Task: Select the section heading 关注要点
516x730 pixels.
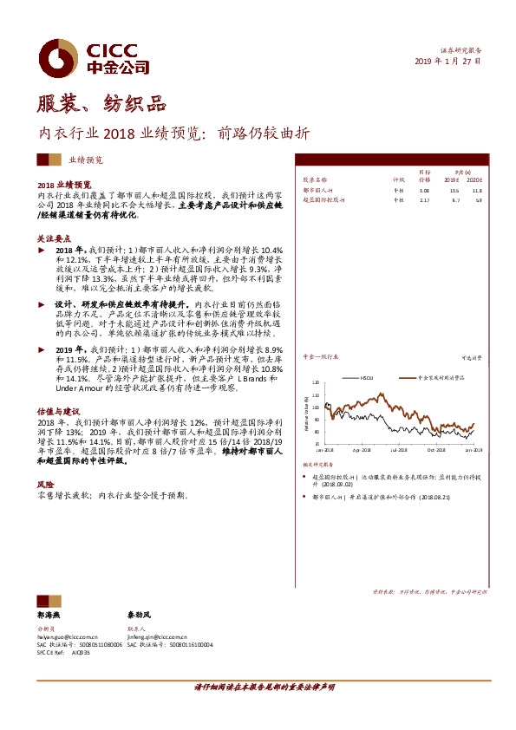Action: click(54, 238)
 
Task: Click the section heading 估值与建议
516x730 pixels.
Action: click(58, 410)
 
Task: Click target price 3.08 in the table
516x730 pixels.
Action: click(424, 191)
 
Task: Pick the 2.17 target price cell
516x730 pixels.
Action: click(424, 200)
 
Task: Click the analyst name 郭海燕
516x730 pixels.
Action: click(49, 614)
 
